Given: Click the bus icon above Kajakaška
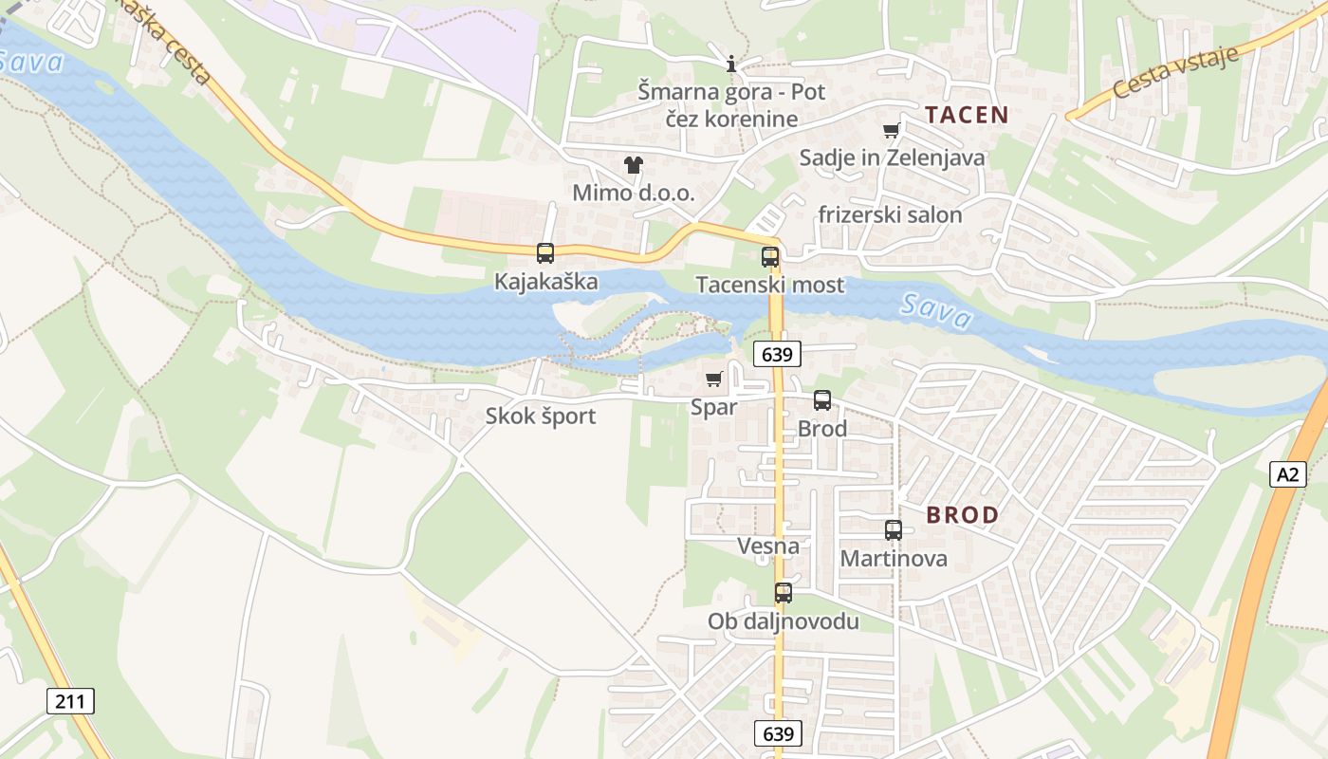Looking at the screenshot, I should (544, 253).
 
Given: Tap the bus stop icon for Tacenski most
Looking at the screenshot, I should (770, 257).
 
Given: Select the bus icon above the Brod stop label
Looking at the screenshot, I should (821, 400).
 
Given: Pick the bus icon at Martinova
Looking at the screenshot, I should (893, 530).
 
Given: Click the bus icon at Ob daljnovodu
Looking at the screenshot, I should (783, 593).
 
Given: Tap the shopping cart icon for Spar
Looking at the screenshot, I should (713, 379).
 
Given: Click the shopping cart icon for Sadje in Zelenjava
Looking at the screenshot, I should (891, 131).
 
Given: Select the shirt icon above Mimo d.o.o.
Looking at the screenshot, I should (634, 165).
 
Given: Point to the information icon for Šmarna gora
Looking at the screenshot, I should (730, 65).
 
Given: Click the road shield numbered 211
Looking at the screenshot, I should (70, 702).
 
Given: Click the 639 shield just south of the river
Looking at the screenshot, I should (778, 355).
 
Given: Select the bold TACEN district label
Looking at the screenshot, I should (967, 116).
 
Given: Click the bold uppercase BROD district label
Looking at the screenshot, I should (963, 515).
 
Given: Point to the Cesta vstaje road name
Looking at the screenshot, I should (1175, 72).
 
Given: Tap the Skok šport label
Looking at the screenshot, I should (541, 416).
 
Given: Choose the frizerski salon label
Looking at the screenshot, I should (894, 214).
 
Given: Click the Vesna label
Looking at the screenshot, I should (768, 546).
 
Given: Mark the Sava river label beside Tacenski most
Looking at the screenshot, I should (936, 311).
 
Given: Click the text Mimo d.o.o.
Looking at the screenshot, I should (634, 193).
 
